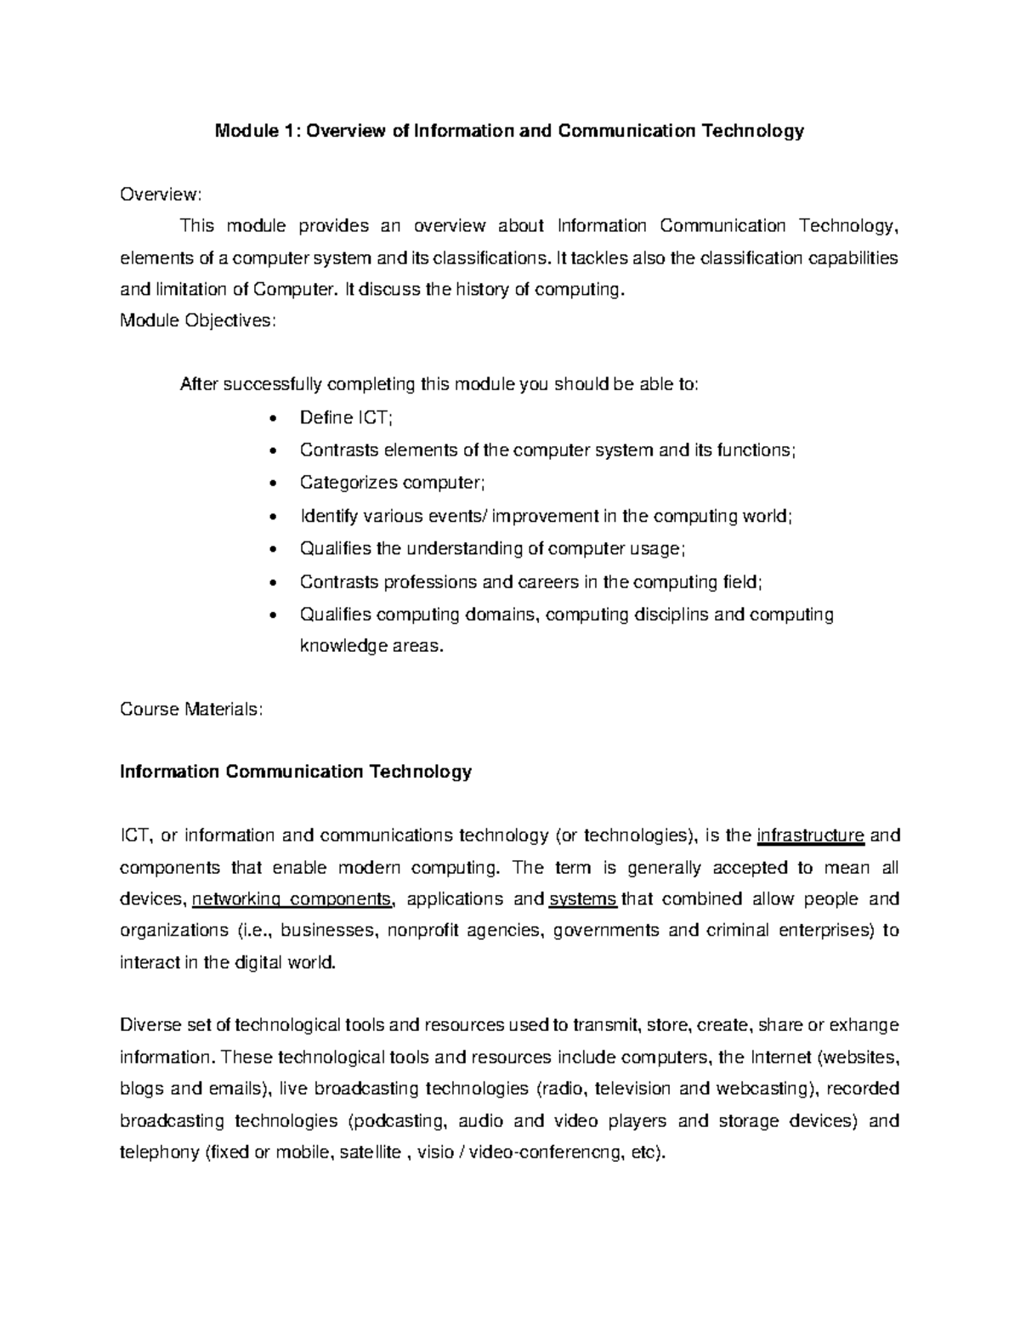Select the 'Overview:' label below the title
point(161,195)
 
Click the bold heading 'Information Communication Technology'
point(296,772)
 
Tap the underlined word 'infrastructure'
point(810,836)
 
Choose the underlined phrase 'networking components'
point(293,899)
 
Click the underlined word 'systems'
point(583,899)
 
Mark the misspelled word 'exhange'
point(864,1025)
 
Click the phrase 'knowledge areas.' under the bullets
point(371,646)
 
